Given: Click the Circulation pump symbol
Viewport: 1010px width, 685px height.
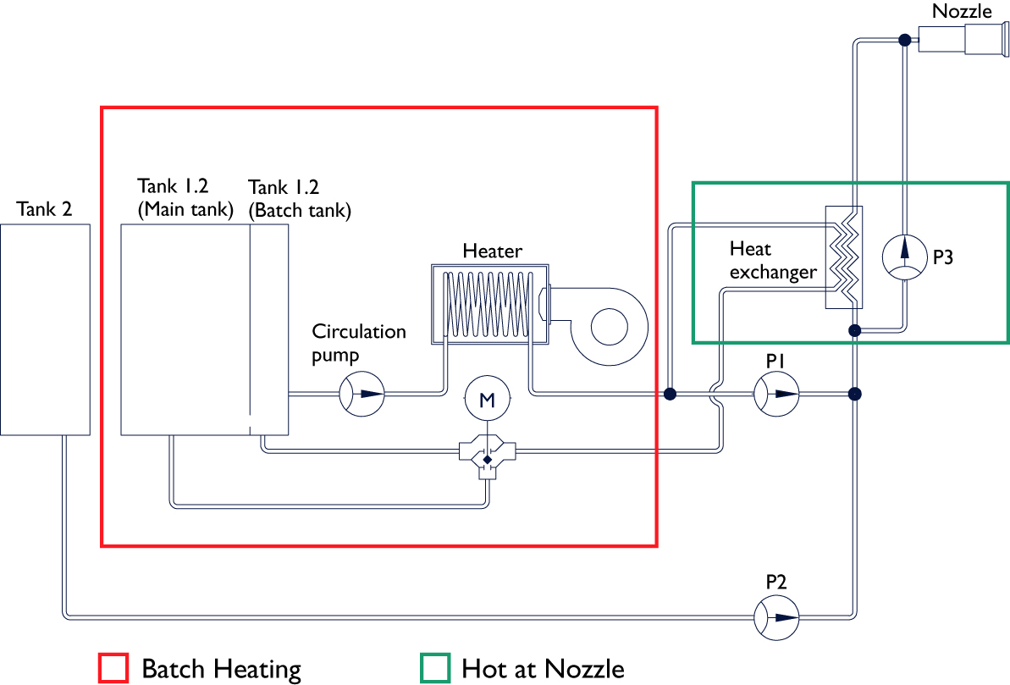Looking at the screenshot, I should (x=362, y=394).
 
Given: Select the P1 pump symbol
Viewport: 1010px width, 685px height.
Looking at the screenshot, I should (x=776, y=394).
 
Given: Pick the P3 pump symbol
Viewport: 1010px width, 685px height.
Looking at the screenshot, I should (x=904, y=257).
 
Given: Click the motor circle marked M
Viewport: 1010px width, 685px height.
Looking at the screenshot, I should (x=487, y=400).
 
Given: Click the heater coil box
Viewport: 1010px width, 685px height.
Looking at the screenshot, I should (x=488, y=304).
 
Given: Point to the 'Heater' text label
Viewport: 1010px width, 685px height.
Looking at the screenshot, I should (x=492, y=251).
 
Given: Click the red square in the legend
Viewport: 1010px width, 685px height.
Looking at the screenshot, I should (x=113, y=668).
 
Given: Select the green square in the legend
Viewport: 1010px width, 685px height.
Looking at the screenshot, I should (x=433, y=668).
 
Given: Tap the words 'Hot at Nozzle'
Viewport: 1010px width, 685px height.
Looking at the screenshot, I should (x=543, y=669).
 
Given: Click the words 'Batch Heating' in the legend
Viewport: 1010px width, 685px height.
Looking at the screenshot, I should (x=221, y=669).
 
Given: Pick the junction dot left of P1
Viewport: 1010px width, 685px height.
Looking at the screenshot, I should (x=671, y=394).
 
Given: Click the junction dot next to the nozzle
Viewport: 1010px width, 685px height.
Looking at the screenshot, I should (x=904, y=39).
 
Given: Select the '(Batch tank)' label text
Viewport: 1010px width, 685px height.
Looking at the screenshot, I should (x=300, y=209).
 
